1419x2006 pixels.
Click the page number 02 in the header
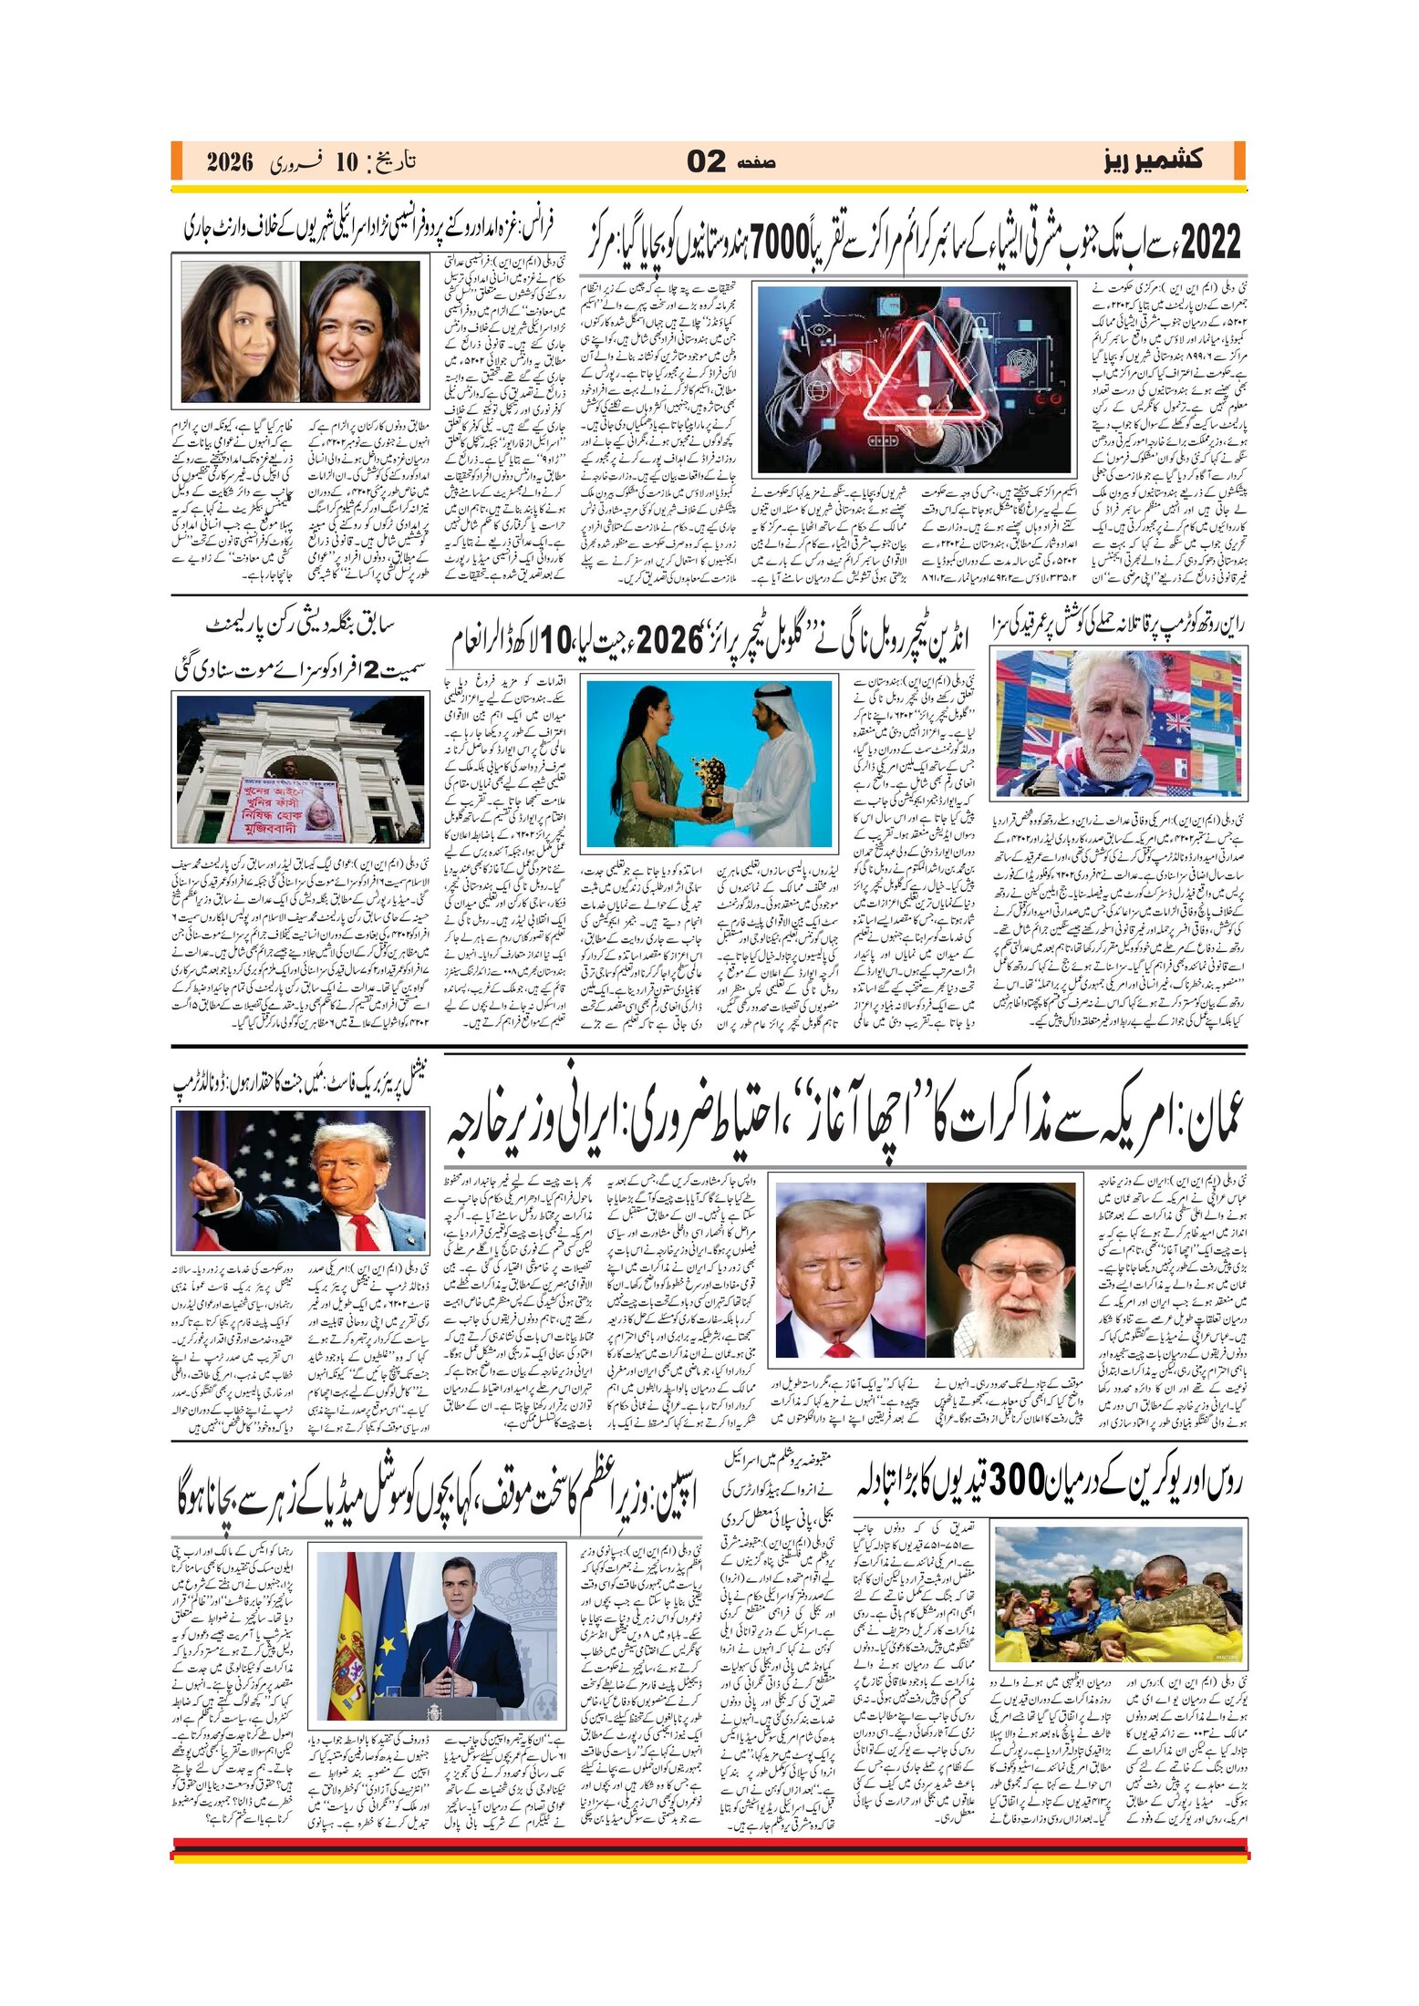pyautogui.click(x=706, y=162)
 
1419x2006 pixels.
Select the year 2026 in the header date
pyautogui.click(x=229, y=162)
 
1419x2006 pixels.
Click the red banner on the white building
pyautogui.click(x=289, y=805)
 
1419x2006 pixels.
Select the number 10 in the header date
pyautogui.click(x=347, y=162)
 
